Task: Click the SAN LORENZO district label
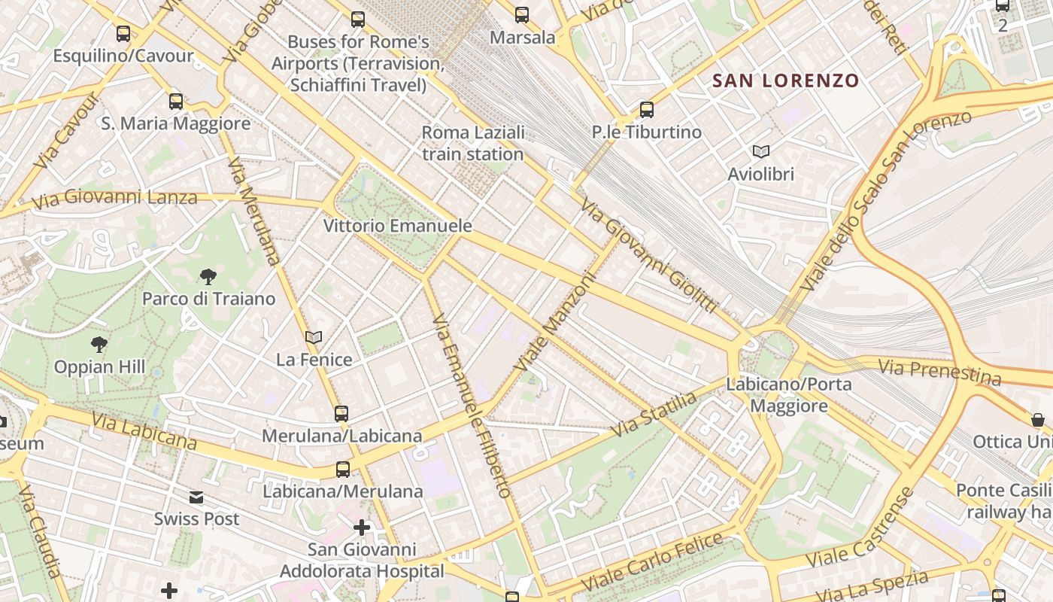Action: click(x=785, y=81)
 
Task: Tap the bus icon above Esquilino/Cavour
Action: click(x=123, y=34)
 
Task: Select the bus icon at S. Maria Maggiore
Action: click(x=176, y=101)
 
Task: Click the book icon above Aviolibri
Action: click(x=761, y=152)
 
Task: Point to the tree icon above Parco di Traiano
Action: click(x=208, y=277)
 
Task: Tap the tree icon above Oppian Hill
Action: click(x=99, y=345)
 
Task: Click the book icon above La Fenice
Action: click(x=314, y=338)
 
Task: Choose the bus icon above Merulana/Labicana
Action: click(x=341, y=413)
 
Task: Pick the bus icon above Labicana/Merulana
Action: click(x=343, y=470)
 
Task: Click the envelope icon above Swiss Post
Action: click(x=196, y=497)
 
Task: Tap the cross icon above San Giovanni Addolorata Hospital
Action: click(x=362, y=528)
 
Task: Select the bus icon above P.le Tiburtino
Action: click(x=647, y=110)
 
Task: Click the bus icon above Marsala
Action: click(x=522, y=15)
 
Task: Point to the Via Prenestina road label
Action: click(x=939, y=372)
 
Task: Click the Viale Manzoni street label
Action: click(x=555, y=321)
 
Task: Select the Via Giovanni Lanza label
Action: click(x=114, y=199)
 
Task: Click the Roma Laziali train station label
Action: click(x=472, y=143)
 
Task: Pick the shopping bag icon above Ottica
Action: click(x=1038, y=419)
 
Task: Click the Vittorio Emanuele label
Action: click(x=398, y=225)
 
